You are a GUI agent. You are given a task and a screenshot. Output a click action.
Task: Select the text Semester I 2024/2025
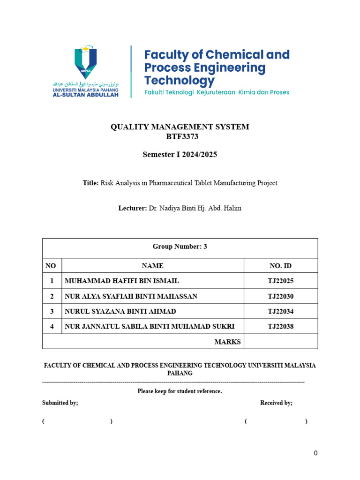[x=180, y=155]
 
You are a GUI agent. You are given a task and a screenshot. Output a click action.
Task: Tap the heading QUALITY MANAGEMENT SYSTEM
[x=180, y=127]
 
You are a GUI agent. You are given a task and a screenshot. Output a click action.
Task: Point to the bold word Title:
[x=90, y=183]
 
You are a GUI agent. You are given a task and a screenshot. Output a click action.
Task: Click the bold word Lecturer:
[x=133, y=208]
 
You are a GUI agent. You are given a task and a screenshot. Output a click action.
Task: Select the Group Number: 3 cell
[x=180, y=247]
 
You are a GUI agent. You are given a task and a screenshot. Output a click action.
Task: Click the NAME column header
[x=152, y=266]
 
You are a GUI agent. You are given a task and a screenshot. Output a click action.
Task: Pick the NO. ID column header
[x=280, y=266]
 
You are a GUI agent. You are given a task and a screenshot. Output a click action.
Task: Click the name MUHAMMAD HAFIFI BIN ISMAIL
[x=121, y=281]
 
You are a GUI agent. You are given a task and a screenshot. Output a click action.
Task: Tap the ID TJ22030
[x=280, y=296]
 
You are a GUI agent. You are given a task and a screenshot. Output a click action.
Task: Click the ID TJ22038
[x=280, y=327]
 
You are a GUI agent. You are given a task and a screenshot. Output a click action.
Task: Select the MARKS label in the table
[x=227, y=342]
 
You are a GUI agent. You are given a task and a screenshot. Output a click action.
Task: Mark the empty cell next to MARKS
[x=280, y=342]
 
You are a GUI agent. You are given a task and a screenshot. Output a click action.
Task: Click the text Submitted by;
[x=60, y=403]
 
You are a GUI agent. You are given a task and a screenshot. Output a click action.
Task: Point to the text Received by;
[x=276, y=403]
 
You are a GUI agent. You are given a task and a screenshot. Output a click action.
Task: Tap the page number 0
[x=316, y=453]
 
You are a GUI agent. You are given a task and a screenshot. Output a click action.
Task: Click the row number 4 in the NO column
[x=52, y=327]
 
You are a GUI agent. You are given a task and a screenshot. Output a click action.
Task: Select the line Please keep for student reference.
[x=180, y=391]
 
